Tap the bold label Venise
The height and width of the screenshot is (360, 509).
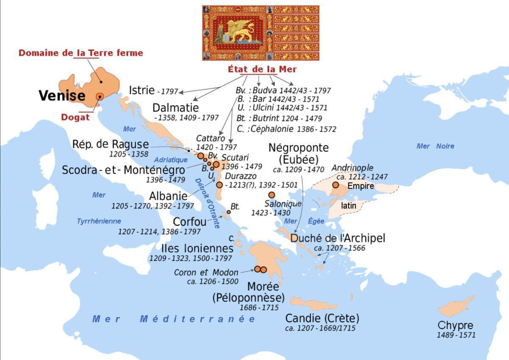62,95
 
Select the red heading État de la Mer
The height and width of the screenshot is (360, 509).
262,69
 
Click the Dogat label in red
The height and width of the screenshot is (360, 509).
75,117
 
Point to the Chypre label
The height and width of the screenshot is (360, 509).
455,326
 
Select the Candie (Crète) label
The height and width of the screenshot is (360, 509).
322,318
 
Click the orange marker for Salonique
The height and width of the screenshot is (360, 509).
271,195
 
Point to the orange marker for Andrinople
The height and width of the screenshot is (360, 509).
336,185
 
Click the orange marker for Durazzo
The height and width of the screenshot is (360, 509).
219,184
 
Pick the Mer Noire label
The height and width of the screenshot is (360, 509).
435,146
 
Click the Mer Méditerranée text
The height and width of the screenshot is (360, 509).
174,319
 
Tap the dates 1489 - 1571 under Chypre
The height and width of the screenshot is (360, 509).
456,335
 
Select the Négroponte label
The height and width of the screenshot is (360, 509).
298,148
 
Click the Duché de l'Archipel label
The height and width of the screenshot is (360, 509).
338,238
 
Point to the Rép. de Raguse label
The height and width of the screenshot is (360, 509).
110,144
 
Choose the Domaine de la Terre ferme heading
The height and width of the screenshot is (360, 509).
81,53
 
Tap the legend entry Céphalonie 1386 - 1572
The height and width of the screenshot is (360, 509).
287,129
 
